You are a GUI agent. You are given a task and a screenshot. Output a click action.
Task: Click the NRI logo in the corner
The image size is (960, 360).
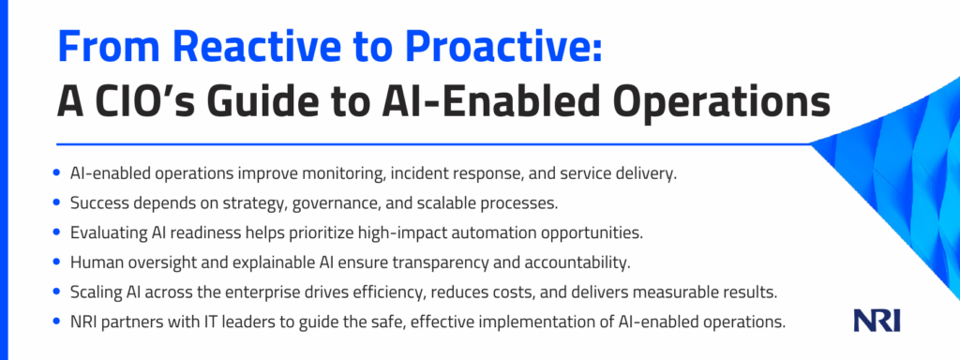[x=877, y=320]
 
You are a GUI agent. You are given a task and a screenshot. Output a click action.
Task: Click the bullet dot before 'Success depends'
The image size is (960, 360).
[x=57, y=202]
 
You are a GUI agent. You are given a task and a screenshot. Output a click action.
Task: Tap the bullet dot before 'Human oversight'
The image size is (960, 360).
[x=57, y=262]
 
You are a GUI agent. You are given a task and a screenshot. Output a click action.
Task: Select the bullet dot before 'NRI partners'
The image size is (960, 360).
[x=57, y=322]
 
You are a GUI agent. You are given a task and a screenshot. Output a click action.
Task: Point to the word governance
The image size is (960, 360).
[x=332, y=203]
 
